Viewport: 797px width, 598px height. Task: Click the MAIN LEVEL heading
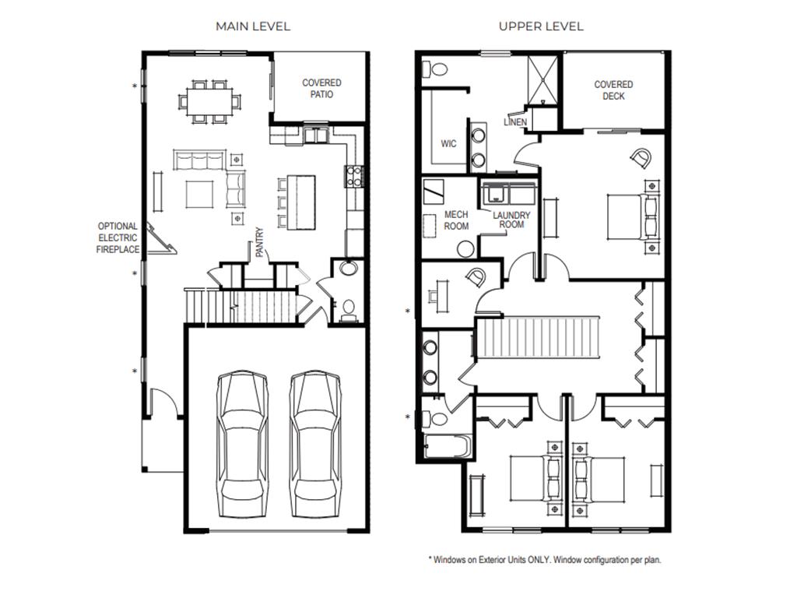pos(253,26)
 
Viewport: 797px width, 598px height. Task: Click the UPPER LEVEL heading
pos(541,26)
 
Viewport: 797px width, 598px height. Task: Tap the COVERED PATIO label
pos(321,88)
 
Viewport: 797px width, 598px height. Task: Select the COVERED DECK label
pos(613,90)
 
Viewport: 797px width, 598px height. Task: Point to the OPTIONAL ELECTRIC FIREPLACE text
pos(118,237)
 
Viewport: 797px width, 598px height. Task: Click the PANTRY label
pos(260,242)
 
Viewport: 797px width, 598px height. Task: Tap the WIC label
pos(448,144)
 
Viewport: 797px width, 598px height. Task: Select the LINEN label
pos(515,122)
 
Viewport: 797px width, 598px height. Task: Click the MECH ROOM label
pos(456,220)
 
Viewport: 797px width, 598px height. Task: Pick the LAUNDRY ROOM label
pos(511,220)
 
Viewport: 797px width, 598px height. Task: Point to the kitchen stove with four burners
pos(353,177)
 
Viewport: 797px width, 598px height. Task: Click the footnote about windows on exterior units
pos(545,559)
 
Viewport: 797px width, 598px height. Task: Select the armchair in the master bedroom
pos(641,159)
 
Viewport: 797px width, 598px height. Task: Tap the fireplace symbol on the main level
pos(163,238)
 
